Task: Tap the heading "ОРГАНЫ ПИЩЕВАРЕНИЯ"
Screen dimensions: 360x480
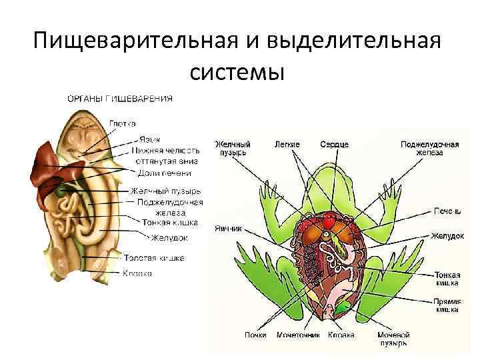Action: click(x=120, y=99)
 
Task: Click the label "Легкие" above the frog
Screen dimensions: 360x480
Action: click(x=287, y=144)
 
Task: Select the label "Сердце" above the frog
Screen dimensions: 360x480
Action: click(x=334, y=144)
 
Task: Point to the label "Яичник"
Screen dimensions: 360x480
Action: click(x=228, y=227)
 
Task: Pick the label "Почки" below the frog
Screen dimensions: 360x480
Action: click(x=255, y=335)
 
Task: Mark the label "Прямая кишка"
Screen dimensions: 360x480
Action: click(x=446, y=305)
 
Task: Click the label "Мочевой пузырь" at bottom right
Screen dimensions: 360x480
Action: click(x=393, y=339)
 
